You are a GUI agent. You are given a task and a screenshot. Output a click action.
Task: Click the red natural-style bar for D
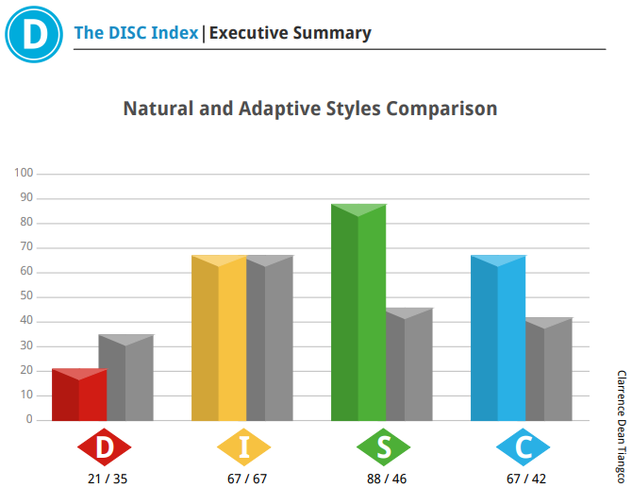[79, 395]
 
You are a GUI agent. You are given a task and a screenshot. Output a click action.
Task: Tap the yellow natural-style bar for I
[219, 338]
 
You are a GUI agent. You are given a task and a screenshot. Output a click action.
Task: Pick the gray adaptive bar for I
[270, 338]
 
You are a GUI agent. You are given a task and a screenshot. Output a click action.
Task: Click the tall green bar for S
[358, 312]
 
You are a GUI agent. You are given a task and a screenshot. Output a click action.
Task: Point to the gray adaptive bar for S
[409, 364]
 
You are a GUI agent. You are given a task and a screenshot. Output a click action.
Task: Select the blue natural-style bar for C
[498, 338]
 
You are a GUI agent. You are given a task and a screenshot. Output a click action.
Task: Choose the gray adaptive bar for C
[549, 369]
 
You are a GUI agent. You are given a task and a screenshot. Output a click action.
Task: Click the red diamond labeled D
[105, 446]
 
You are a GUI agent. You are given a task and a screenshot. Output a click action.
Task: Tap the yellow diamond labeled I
[244, 446]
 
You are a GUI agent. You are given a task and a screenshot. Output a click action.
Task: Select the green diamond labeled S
[383, 446]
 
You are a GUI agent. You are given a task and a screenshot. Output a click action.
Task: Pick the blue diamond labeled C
[524, 446]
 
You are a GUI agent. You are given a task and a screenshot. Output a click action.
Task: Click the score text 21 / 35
[108, 479]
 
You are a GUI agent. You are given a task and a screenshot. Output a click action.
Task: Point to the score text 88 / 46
[387, 479]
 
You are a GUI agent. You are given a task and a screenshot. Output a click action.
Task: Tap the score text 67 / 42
[526, 479]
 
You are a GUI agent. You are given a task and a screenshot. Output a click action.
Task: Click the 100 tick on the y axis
[24, 173]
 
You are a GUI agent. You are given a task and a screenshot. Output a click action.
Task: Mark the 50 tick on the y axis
[26, 295]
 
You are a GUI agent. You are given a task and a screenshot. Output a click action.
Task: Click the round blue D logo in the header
[34, 34]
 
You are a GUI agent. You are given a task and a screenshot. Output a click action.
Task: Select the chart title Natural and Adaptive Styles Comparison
[310, 109]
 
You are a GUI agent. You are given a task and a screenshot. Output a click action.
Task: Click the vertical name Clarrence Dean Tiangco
[622, 427]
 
